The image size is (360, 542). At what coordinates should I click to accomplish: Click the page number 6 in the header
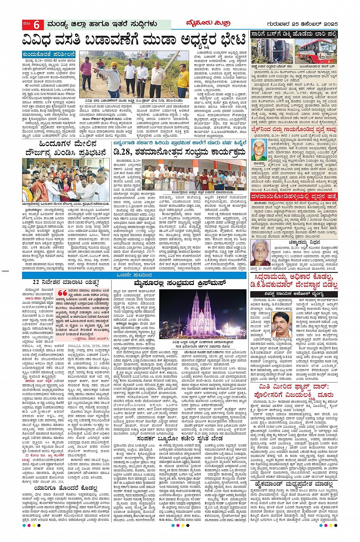point(37,25)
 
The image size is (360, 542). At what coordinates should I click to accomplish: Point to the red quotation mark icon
point(61,292)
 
